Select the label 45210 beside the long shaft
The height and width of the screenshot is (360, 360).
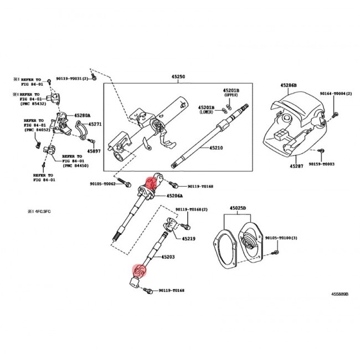click(215, 148)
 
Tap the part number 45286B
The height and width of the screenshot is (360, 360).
click(289, 85)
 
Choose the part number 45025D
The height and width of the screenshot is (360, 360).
click(238, 208)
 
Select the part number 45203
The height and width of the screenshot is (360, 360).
click(168, 257)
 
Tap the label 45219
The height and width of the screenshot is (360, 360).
click(189, 238)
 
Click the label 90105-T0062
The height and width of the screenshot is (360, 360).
click(102, 183)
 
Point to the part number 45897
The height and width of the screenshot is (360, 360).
click(95, 151)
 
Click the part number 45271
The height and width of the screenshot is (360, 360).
click(95, 125)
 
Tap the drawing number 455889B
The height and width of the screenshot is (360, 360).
click(340, 295)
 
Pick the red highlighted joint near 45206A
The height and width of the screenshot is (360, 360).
click(150, 182)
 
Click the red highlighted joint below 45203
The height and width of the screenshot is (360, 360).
click(139, 271)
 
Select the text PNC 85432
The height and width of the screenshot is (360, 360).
click(35, 103)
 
